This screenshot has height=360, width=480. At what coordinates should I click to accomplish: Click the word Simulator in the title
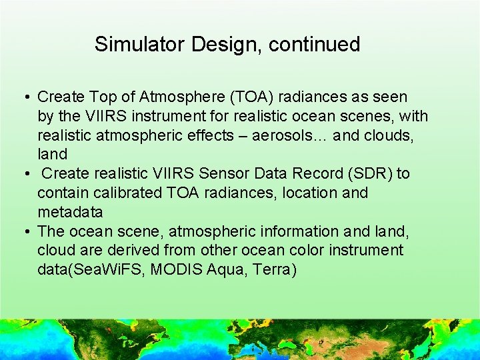coord(139,45)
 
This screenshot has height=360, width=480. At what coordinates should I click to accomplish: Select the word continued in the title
coord(313,45)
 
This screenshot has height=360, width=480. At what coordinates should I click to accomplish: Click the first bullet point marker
coord(25,97)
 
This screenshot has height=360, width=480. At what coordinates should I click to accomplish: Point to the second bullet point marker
coord(25,174)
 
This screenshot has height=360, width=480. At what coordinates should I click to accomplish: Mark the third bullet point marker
coord(25,232)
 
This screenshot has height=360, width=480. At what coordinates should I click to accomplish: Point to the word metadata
coord(70,213)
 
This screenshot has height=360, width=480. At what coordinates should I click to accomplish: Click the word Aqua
coord(226,270)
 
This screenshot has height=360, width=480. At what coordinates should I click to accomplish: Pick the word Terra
coord(271,270)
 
